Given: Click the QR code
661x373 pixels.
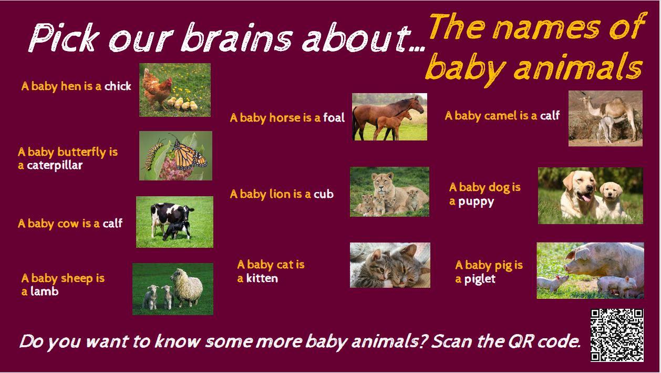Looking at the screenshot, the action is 617,335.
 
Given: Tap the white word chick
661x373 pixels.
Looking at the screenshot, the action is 118,86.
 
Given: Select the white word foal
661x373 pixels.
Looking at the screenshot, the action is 334,118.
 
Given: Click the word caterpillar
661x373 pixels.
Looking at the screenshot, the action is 55,165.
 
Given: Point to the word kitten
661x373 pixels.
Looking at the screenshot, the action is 262,278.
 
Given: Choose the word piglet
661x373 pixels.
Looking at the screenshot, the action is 480,279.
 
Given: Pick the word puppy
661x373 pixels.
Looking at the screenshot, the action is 476,202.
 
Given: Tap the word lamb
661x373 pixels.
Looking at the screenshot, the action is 45,291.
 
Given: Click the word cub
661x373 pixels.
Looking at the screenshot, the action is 324,194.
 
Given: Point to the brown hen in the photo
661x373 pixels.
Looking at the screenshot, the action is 157,89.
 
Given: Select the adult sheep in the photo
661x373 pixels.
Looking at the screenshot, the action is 187,287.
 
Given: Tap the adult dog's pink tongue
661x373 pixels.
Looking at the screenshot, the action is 585,197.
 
